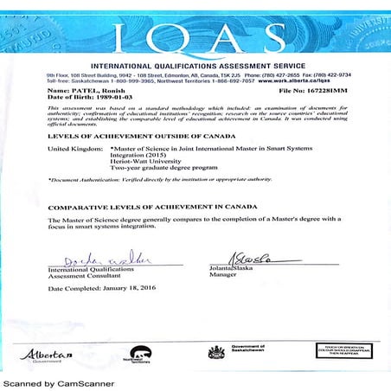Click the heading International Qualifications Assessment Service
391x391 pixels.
pyautogui.click(x=195, y=67)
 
